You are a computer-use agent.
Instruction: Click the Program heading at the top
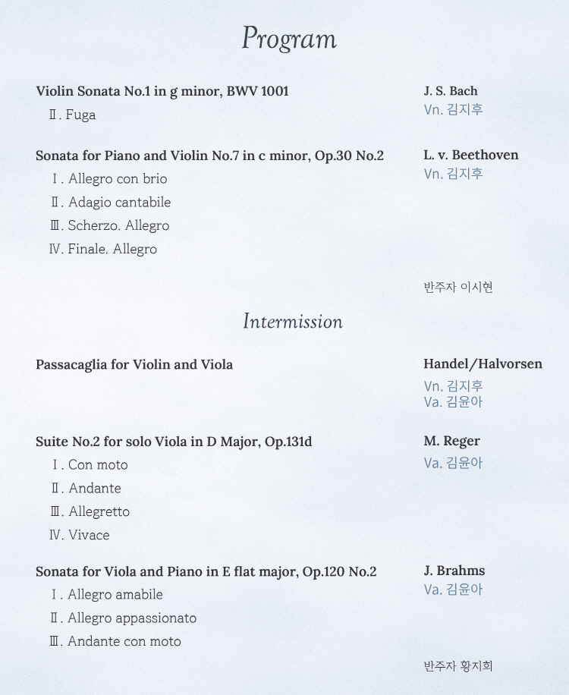(x=288, y=39)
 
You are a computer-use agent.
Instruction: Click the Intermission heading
(x=293, y=322)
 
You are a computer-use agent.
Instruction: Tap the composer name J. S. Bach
(x=451, y=91)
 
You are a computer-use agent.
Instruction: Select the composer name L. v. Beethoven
(x=470, y=155)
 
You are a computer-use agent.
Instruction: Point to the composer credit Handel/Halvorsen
(x=483, y=364)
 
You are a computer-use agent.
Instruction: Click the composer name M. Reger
(x=451, y=441)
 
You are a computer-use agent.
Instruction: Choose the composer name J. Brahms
(x=454, y=571)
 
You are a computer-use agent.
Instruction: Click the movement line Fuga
(x=80, y=115)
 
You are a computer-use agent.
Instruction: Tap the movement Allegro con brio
(x=117, y=179)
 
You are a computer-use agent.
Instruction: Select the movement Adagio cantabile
(x=119, y=203)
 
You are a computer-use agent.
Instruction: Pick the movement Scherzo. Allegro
(x=118, y=226)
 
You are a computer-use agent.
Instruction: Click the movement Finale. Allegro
(x=112, y=249)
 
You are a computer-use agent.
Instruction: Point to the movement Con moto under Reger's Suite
(x=98, y=465)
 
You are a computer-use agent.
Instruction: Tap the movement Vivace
(x=89, y=535)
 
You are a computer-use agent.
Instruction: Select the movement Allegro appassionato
(x=131, y=618)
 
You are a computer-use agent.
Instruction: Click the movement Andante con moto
(x=124, y=642)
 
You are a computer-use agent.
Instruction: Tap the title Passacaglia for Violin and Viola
(x=134, y=365)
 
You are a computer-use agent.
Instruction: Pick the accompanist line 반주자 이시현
(x=458, y=287)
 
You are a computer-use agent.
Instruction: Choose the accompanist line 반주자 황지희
(x=458, y=666)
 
